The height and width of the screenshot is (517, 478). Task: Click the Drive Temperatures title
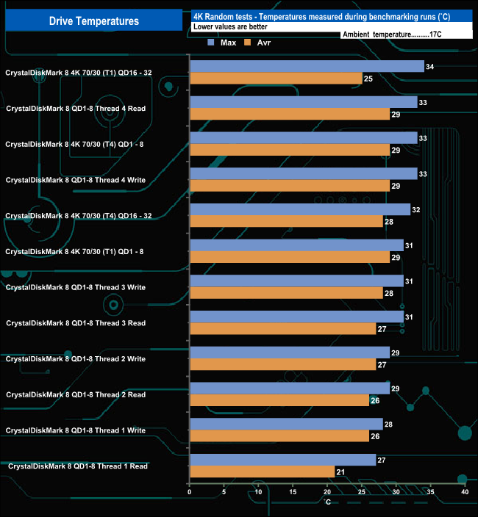click(x=93, y=21)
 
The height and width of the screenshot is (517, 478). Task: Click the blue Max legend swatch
click(x=212, y=42)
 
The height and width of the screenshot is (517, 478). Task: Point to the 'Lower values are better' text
click(x=230, y=26)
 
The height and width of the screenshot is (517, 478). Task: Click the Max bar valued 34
click(x=307, y=67)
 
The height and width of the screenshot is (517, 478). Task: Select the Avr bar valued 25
click(x=276, y=78)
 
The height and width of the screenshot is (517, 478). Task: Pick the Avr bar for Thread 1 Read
click(x=262, y=471)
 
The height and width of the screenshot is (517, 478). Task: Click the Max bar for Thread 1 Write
click(x=286, y=424)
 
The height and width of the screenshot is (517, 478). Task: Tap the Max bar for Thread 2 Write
click(x=290, y=352)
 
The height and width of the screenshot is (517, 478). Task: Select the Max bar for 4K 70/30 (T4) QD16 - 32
click(x=300, y=209)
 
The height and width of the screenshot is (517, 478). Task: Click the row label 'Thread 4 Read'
click(x=76, y=109)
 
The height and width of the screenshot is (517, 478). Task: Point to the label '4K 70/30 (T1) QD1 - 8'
click(x=74, y=252)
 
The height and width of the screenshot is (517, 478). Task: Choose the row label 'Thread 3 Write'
click(x=76, y=287)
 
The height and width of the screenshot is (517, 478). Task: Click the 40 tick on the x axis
click(x=464, y=492)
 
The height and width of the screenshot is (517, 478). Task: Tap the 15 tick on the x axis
click(x=293, y=492)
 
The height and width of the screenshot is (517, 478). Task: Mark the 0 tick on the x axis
click(x=190, y=492)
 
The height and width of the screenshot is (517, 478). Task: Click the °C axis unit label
click(x=327, y=502)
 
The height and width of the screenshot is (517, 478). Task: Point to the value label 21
click(x=340, y=471)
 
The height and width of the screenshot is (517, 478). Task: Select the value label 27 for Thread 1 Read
click(x=382, y=460)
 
